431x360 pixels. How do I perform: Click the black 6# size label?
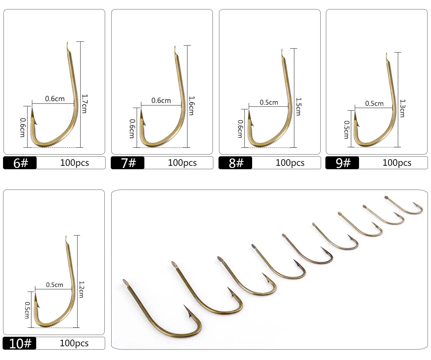coord(20,163)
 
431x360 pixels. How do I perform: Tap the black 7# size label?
coord(128,163)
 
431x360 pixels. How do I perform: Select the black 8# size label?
coord(235,163)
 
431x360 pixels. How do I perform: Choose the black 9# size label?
coord(342,163)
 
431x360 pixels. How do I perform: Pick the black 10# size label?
coord(19,343)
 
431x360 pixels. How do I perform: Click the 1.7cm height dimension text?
coord(84,104)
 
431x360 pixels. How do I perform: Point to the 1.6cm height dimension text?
coord(192,106)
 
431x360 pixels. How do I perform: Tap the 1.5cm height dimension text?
coord(299,106)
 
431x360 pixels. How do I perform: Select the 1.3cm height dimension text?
coord(403,109)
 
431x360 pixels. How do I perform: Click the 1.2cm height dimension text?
coord(81,289)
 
